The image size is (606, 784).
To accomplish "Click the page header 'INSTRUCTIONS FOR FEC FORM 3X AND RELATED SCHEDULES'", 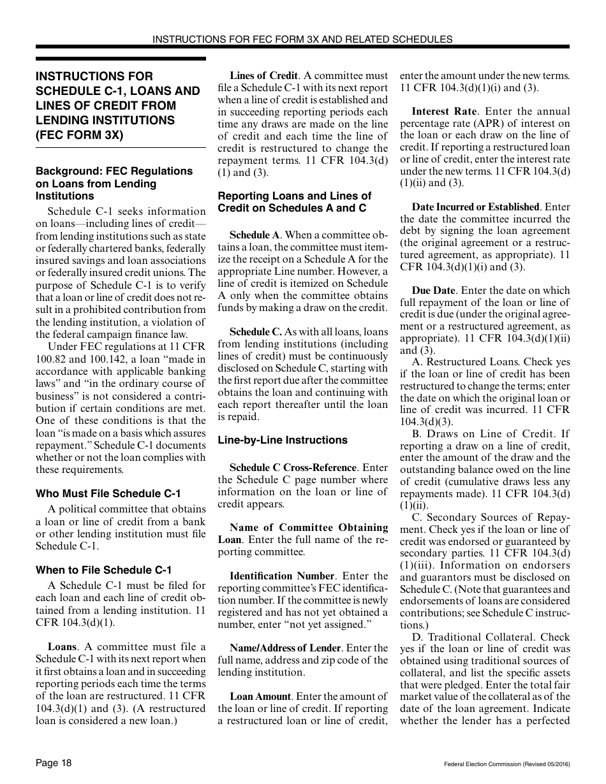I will (x=302, y=39).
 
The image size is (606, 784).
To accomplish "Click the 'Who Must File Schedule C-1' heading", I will (x=108, y=493).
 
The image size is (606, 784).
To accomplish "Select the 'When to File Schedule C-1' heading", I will (x=103, y=570).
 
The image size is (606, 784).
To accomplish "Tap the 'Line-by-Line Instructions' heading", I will (x=283, y=440).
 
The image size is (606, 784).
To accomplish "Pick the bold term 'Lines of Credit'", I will (x=263, y=76).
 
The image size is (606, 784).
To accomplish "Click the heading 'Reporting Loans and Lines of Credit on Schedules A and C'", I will (x=294, y=202).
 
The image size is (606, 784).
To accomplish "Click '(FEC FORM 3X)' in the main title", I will (x=80, y=134).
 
